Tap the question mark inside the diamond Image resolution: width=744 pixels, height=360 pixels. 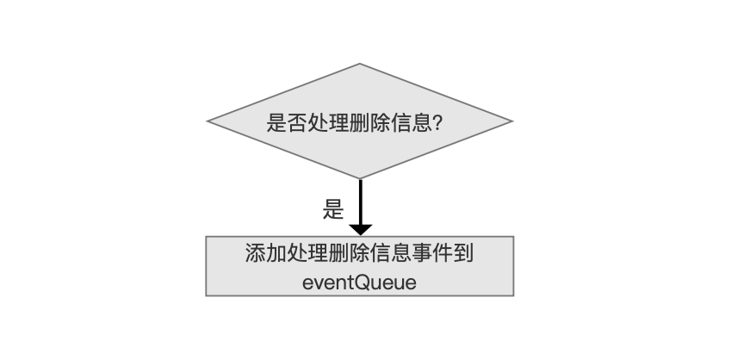point(438,123)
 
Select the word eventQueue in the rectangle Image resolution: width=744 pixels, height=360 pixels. point(359,282)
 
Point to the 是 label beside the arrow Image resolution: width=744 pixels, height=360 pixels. point(333,209)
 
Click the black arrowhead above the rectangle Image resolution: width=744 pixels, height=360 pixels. point(361,230)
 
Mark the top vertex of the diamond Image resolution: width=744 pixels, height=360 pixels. point(360,64)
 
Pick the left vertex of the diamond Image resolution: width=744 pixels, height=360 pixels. point(208,121)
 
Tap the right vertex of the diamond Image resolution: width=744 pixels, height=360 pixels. point(512,121)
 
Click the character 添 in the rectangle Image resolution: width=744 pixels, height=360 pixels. point(255,252)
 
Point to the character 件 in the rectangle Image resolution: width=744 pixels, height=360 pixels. point(443,252)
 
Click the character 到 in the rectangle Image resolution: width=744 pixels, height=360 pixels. point(464,252)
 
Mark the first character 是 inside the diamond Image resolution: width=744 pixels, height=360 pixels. point(276,123)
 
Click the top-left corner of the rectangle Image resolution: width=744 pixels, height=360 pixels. point(206,237)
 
